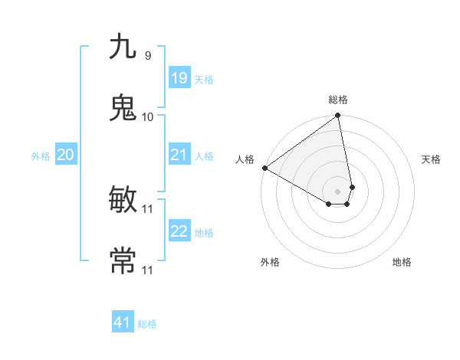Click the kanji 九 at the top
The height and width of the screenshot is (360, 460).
(123, 47)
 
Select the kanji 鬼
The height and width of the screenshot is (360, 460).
(123, 108)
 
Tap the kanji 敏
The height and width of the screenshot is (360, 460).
(123, 200)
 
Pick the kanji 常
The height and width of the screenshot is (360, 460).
(123, 261)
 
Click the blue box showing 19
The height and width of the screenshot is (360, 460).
(179, 78)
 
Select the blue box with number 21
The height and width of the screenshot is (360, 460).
(179, 155)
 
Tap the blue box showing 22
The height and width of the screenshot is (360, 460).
(179, 231)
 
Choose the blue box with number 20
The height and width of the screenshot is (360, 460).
(65, 155)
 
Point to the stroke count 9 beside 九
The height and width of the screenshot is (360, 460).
(147, 55)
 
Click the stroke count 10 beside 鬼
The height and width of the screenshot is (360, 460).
(147, 116)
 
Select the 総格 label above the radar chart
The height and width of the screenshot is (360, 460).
(338, 100)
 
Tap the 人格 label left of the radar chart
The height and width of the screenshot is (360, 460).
(245, 159)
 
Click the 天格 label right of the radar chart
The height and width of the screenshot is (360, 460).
(431, 159)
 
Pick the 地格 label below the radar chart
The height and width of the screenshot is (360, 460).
(402, 262)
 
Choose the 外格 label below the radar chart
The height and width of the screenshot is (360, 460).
(270, 262)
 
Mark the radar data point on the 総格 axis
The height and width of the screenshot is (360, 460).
(338, 116)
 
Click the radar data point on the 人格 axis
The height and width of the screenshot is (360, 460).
(264, 168)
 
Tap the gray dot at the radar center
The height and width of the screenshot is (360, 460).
(338, 191)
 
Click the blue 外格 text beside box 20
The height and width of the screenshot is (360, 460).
(41, 155)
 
